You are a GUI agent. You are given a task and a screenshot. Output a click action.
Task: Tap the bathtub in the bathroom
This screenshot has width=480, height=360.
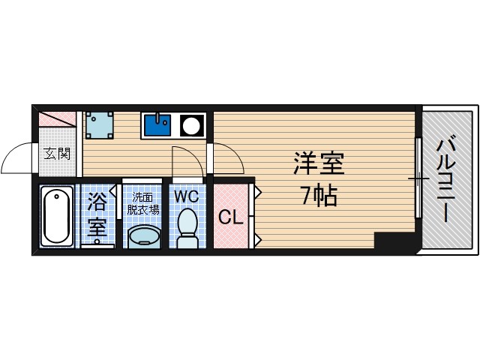56,216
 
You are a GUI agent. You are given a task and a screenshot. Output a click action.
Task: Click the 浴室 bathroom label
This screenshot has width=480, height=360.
97,215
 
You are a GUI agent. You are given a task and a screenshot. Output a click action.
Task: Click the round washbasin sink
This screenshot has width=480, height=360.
143,238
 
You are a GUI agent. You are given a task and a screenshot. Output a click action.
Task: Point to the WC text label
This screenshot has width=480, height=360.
186,196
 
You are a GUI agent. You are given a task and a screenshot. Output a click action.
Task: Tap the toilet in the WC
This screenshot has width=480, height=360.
187,228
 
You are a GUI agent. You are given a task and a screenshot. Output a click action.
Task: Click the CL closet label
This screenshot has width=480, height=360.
231,217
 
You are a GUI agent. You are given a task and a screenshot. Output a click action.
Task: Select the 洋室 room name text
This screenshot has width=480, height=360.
318,163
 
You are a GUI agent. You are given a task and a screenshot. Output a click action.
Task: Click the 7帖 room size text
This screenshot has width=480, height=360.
319,196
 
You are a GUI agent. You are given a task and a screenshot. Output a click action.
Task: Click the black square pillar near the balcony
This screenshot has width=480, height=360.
393,241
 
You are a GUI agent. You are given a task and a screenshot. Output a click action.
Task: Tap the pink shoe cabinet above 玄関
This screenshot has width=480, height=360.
57,120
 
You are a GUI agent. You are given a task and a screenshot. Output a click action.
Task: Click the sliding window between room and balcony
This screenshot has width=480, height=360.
418,178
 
